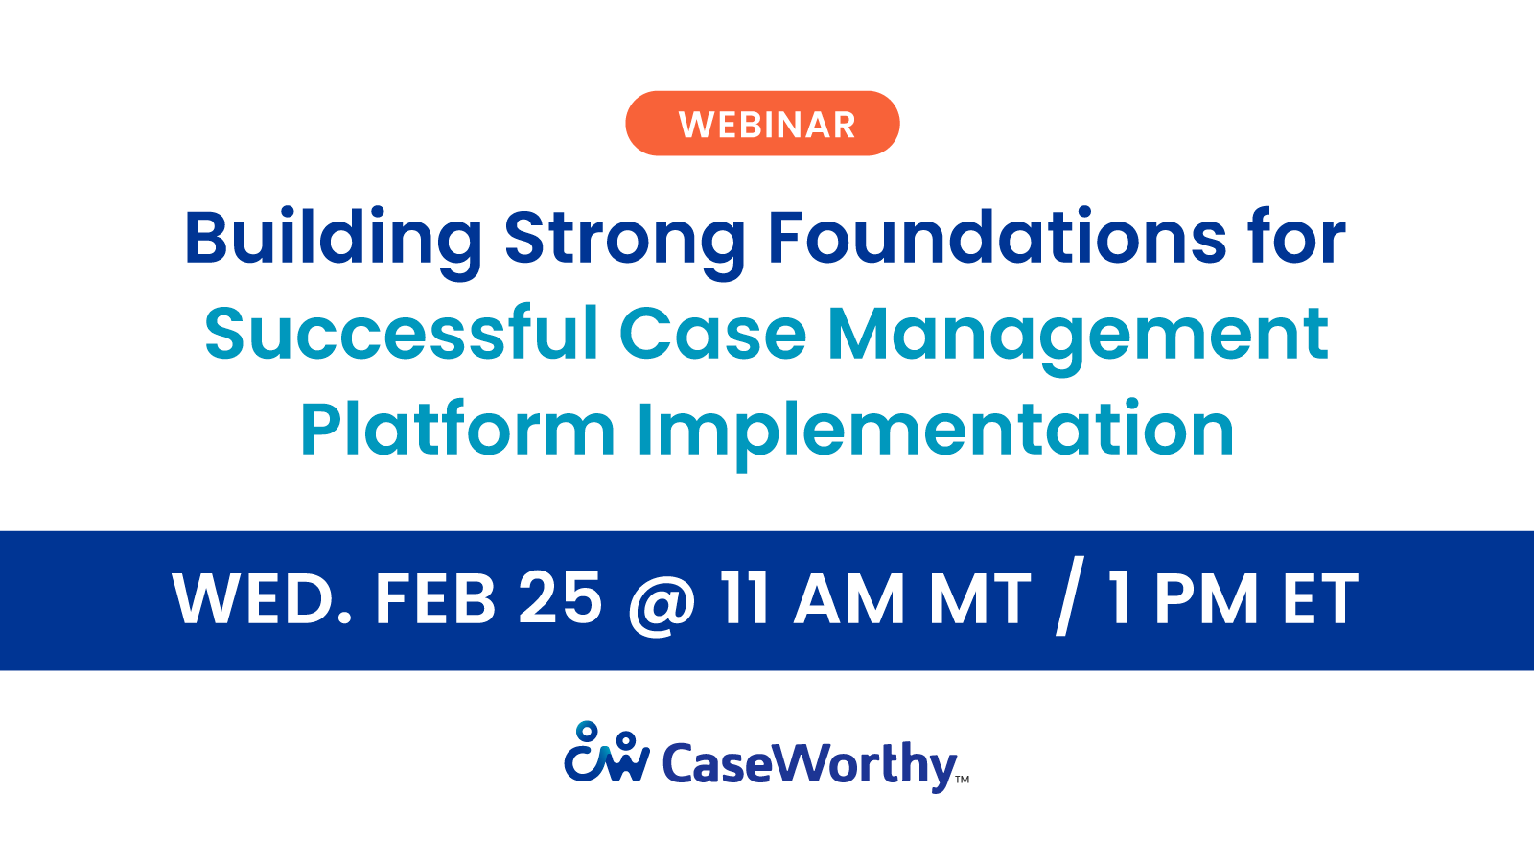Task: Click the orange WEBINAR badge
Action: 762,124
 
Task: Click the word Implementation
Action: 935,431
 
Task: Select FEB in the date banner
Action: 435,600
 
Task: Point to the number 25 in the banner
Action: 560,598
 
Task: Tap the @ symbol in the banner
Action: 661,602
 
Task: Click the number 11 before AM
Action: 745,599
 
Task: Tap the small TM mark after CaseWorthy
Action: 963,780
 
